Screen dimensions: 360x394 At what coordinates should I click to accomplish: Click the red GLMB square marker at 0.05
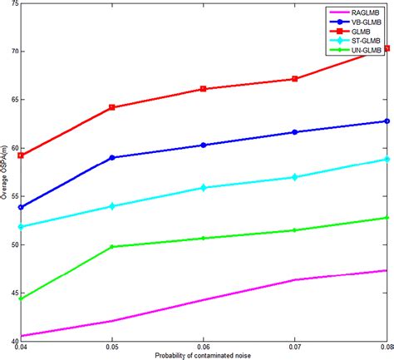(112, 107)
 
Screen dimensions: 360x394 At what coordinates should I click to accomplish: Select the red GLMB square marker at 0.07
(296, 79)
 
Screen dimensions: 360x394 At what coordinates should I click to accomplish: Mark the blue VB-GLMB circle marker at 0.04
(21, 208)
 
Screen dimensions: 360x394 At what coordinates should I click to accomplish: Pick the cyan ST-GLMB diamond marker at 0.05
(112, 206)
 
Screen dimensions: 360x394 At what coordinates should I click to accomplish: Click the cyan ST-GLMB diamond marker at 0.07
(296, 177)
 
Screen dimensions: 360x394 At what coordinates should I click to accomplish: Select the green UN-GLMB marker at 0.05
(112, 247)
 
